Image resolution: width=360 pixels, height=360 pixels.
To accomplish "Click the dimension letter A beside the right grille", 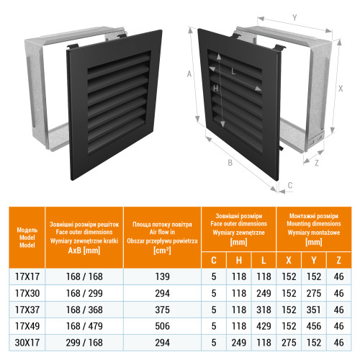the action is tap(189, 74).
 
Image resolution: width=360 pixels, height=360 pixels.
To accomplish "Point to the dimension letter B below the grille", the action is tap(230, 163).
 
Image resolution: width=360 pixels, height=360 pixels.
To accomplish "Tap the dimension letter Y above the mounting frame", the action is tap(294, 17).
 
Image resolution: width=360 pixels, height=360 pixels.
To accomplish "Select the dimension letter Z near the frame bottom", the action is tap(317, 163).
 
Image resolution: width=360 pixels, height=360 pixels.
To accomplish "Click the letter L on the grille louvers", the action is tap(233, 71).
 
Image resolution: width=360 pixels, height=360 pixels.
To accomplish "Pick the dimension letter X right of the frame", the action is tap(341, 89).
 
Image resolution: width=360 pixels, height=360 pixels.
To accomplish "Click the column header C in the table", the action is tap(214, 261).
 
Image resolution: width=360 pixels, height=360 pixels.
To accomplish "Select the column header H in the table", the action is tap(239, 261).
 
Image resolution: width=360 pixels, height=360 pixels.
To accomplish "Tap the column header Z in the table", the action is tap(338, 261).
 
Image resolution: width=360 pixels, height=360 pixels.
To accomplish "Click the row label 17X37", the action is tap(27, 310).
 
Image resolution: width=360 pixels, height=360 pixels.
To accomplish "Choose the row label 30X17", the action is tap(27, 343).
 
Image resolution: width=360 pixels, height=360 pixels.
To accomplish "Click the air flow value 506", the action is tap(162, 326).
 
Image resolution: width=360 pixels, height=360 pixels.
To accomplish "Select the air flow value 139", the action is tap(162, 276).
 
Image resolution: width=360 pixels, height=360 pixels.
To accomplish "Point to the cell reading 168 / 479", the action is tap(84, 326).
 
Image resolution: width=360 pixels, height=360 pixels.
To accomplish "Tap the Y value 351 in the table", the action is tap(313, 310).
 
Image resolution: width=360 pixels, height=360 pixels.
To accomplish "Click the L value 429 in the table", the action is tap(264, 326).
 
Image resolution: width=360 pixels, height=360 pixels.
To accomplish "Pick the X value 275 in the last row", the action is tap(289, 343).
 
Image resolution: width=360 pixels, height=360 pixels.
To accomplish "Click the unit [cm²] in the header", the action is tap(162, 251).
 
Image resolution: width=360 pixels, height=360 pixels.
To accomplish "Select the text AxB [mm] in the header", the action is tap(84, 251).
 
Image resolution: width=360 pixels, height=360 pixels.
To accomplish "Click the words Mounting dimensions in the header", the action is tap(314, 224).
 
